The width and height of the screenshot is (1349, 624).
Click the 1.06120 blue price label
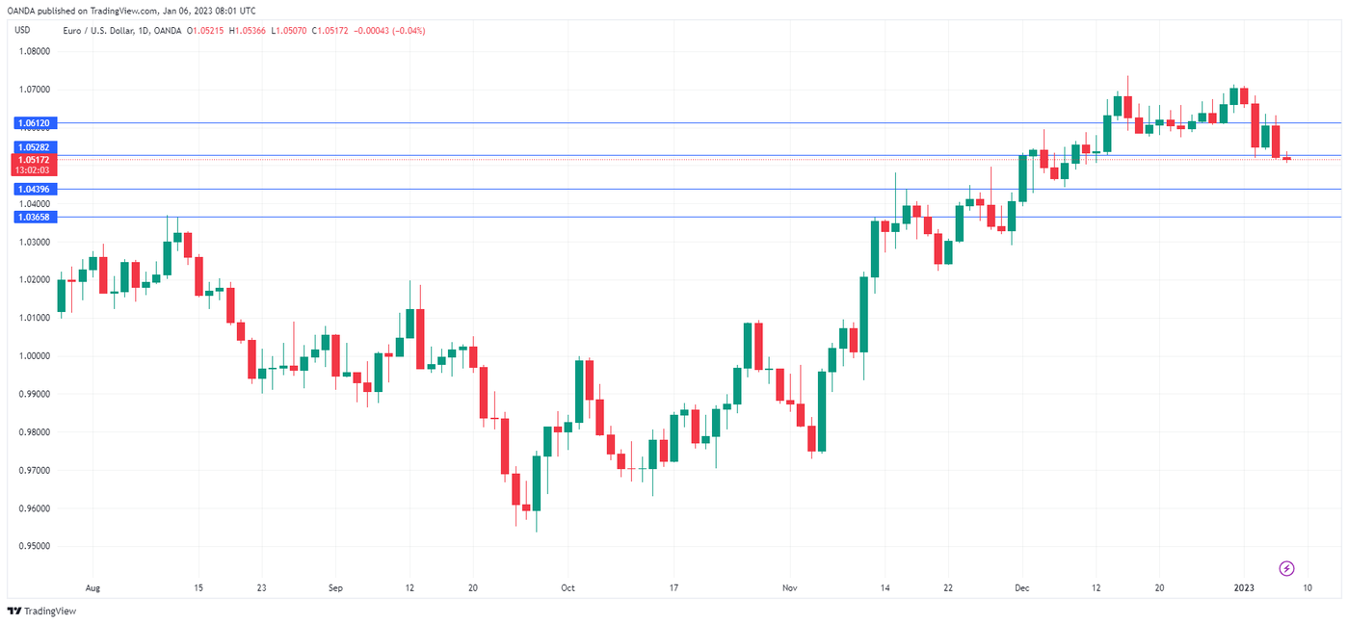point(34,123)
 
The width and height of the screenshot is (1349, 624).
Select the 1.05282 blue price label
point(34,147)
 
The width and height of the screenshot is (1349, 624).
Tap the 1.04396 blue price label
point(34,190)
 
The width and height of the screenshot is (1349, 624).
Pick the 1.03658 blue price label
point(34,218)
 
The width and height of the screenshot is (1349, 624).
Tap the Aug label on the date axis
point(93,587)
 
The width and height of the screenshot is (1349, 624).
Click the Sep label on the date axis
point(335,587)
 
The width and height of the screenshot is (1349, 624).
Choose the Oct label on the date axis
point(568,587)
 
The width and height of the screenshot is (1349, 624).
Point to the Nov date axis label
point(790,587)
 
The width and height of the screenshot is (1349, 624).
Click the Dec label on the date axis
point(1022,587)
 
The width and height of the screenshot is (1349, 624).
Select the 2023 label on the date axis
point(1245,587)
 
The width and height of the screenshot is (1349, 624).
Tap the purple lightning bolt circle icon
point(1285,568)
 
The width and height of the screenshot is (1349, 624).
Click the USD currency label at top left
point(22,30)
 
